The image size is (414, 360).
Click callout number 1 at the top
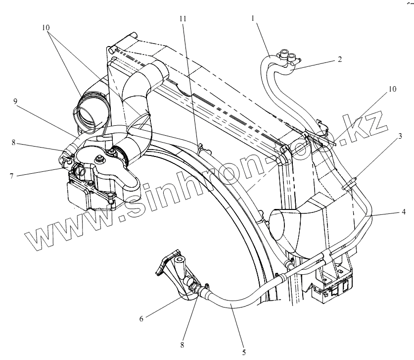click(253, 18)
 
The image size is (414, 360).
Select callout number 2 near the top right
click(340, 59)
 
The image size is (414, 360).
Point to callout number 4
click(404, 212)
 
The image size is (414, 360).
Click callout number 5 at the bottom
click(243, 353)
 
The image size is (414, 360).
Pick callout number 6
click(141, 319)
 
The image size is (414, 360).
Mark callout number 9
click(16, 101)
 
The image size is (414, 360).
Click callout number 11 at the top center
click(183, 18)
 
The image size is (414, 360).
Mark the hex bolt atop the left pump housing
click(101, 159)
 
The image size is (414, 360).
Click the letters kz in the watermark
click(365, 124)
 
